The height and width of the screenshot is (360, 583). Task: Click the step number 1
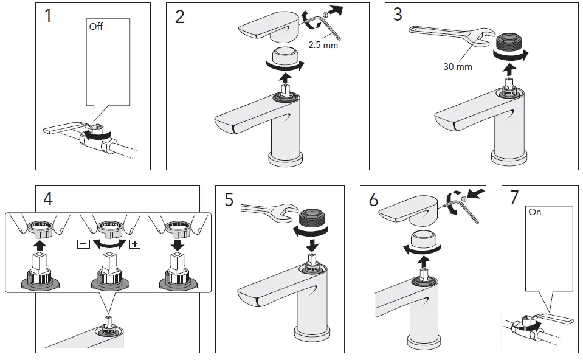49,16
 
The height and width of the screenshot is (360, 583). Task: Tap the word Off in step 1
96,27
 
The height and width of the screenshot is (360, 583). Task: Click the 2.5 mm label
322,45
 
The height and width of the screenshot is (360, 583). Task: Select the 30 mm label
457,67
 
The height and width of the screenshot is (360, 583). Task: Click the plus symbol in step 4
135,244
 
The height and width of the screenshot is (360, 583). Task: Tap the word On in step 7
535,213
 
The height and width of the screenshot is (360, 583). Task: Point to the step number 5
229,200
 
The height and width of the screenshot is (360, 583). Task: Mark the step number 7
515,198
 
